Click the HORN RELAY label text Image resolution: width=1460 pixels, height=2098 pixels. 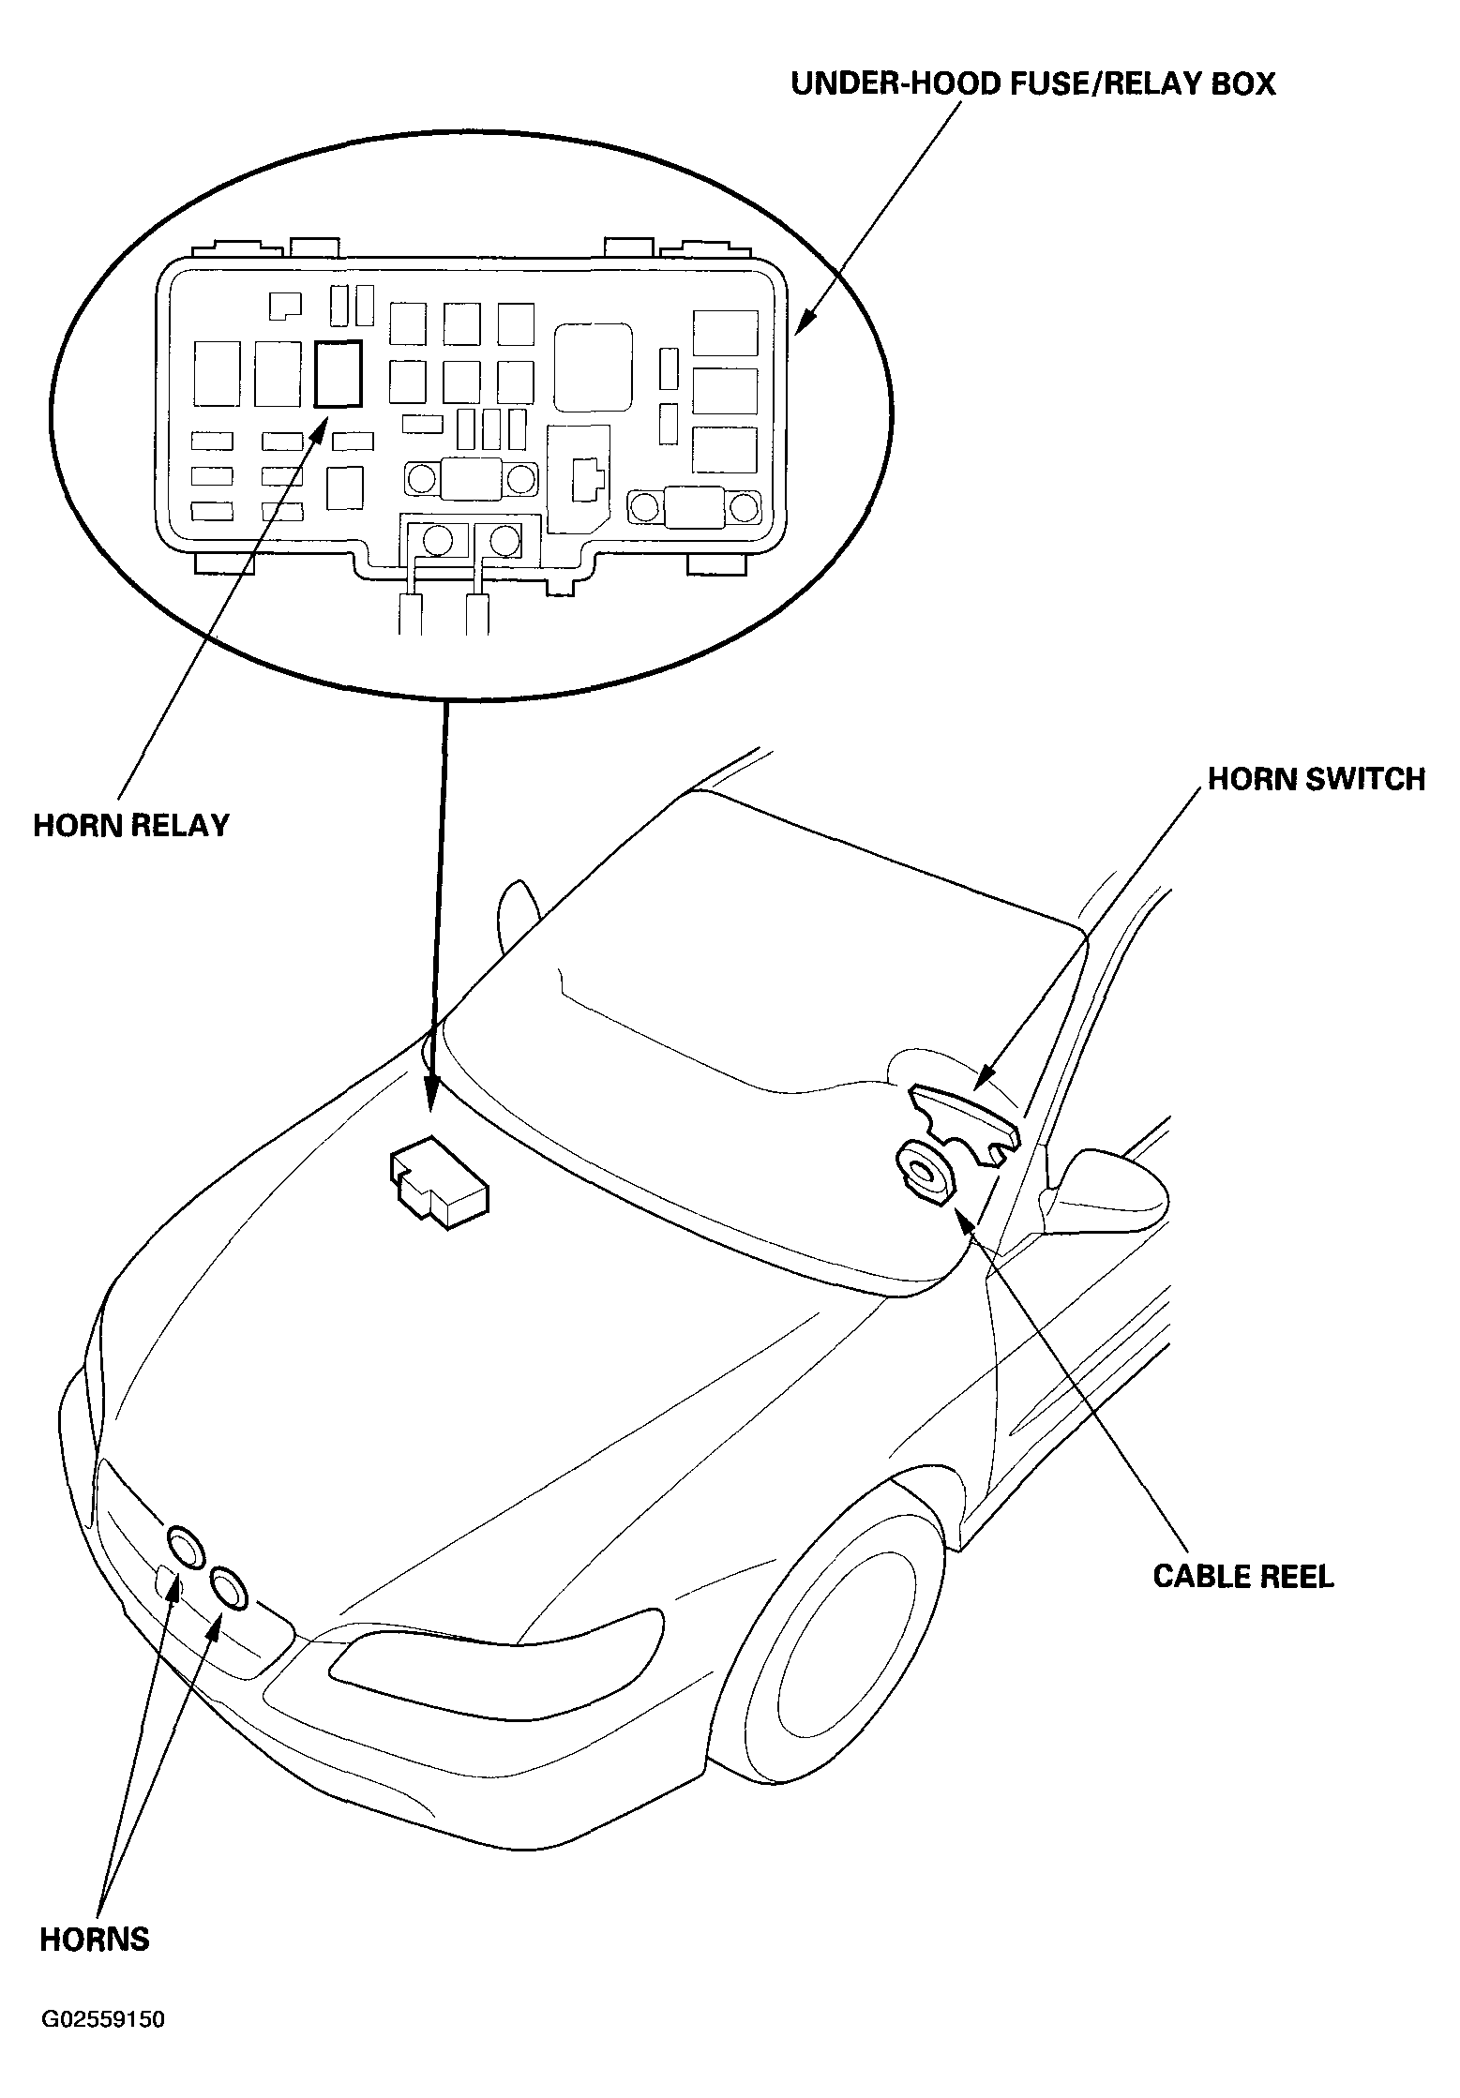(x=131, y=825)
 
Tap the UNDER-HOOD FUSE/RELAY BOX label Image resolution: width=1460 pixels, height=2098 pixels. (x=1033, y=83)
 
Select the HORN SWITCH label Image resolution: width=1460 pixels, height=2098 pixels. (x=1317, y=779)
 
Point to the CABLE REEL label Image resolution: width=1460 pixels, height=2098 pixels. (x=1243, y=1576)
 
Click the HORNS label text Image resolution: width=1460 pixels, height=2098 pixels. (x=95, y=1939)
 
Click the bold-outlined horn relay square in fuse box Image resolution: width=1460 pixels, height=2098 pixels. (x=339, y=373)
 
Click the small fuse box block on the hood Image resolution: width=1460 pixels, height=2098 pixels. (x=438, y=1182)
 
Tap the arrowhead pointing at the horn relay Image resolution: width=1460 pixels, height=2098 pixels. (x=317, y=433)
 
